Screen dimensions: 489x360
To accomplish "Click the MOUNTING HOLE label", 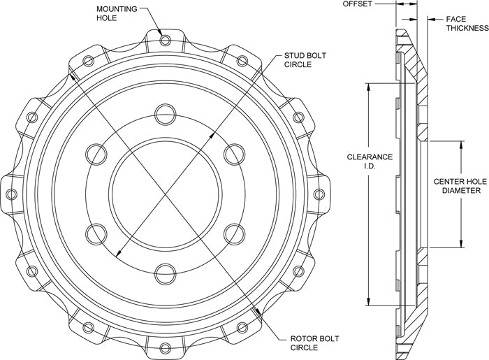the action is [117, 13].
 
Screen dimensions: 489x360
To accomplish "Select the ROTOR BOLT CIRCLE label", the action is [314, 343].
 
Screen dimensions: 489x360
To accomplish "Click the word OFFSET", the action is [358, 3].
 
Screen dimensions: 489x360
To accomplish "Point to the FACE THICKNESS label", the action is [467, 23].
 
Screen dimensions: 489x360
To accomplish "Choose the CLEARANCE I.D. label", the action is [370, 161].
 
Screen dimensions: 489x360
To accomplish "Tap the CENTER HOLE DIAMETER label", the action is [460, 186].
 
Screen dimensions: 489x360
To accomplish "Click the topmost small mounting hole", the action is [166, 40].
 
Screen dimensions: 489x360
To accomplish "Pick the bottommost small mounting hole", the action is [166, 347].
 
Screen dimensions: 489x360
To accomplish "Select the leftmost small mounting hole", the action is [12, 194].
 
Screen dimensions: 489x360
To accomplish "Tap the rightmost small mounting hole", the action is [319, 194].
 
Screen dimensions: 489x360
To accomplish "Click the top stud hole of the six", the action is [166, 115].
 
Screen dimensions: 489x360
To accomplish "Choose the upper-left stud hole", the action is [96, 154].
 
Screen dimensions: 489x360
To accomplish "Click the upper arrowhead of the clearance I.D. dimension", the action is [369, 87].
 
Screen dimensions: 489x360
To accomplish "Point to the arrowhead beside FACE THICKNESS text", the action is [432, 20].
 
